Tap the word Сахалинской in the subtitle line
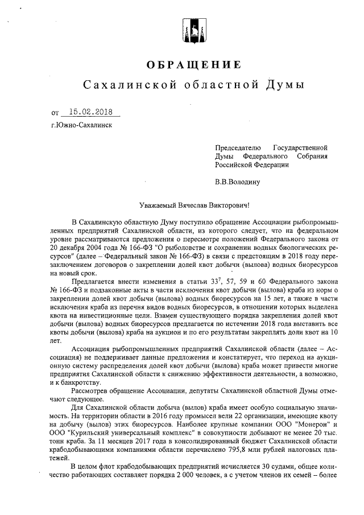click(x=124, y=85)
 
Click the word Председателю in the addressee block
click(x=237, y=147)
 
